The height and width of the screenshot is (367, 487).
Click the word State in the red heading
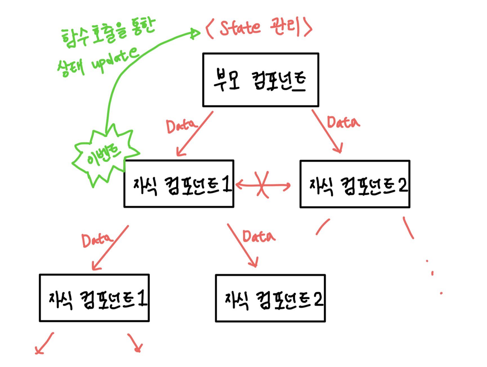[240, 28]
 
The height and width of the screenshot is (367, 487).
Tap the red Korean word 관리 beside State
[284, 26]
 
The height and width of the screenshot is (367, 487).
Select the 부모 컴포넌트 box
[260, 80]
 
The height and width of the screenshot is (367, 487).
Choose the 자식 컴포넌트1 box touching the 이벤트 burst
[179, 184]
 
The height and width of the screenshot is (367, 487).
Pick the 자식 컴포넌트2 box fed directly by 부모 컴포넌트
[355, 184]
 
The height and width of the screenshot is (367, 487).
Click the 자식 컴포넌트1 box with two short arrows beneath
[94, 298]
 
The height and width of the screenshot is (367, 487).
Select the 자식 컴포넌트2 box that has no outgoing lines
[270, 298]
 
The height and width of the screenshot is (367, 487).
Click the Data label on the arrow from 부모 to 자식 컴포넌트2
[343, 123]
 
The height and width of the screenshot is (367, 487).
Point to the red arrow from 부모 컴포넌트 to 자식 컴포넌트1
[194, 134]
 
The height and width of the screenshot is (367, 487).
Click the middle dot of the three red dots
[432, 273]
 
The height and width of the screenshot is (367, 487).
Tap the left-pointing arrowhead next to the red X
[239, 185]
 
